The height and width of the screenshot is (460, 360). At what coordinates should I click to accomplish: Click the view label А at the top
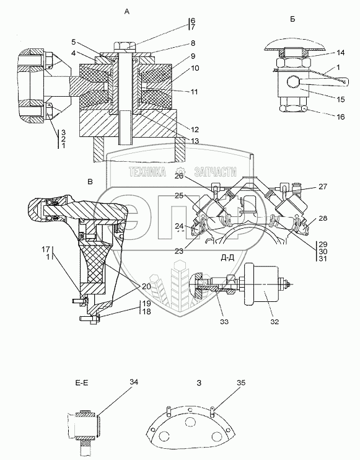coord(126,12)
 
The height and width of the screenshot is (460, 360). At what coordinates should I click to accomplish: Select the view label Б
coord(292,19)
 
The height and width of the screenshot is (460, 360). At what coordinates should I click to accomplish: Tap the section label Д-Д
coord(228,257)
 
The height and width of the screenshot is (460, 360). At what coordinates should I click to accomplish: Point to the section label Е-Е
coord(82,383)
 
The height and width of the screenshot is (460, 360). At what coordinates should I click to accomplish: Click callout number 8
coord(193,43)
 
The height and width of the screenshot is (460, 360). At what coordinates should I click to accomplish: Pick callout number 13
coord(195,141)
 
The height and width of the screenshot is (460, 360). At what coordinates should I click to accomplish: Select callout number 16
coord(341,117)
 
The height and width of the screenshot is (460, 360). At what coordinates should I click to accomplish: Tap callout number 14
coord(341,53)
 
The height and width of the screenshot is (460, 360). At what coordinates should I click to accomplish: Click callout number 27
coord(322,187)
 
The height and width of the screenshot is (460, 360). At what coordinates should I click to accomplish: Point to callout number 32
coord(274,322)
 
